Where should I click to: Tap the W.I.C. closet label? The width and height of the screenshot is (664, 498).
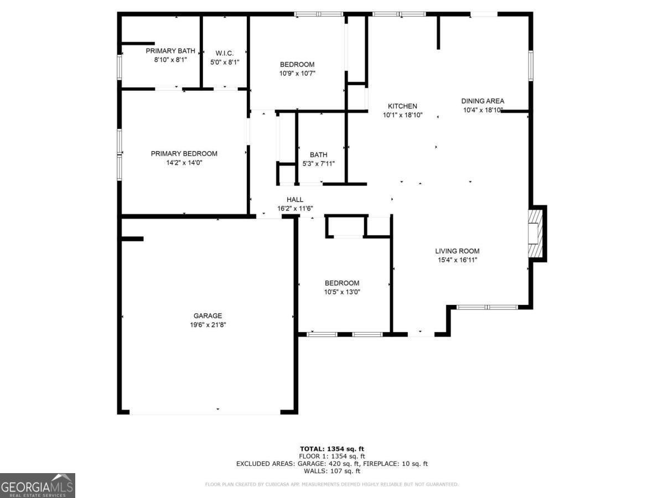point(225,53)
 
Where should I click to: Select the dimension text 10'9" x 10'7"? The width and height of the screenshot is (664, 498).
point(297,73)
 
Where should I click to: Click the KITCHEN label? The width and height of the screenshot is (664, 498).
point(402,106)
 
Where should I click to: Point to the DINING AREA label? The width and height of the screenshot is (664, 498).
point(483,101)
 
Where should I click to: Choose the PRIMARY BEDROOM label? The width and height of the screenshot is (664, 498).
point(184,154)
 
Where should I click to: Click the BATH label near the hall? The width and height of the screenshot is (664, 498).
point(318,155)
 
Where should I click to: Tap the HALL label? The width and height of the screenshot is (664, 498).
point(295,200)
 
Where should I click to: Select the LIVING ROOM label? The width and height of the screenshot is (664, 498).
point(457,251)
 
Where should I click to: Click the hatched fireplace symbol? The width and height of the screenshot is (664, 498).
point(535,233)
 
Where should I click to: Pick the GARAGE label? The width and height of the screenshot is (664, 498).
point(207,316)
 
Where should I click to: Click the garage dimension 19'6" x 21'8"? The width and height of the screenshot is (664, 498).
point(207,325)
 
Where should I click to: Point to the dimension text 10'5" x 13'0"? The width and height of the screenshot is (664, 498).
point(342,292)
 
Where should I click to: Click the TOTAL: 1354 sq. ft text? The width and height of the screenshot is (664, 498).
point(332,449)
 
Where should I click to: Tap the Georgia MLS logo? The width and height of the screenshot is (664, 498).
point(38,485)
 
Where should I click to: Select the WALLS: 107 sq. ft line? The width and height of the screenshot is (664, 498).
point(332,471)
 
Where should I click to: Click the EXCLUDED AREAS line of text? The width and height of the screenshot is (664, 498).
point(332,464)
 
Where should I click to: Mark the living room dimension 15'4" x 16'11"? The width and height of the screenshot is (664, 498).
point(457,260)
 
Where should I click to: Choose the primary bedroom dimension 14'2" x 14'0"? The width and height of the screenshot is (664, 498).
point(184,163)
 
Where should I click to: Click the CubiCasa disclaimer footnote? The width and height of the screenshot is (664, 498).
point(332,485)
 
